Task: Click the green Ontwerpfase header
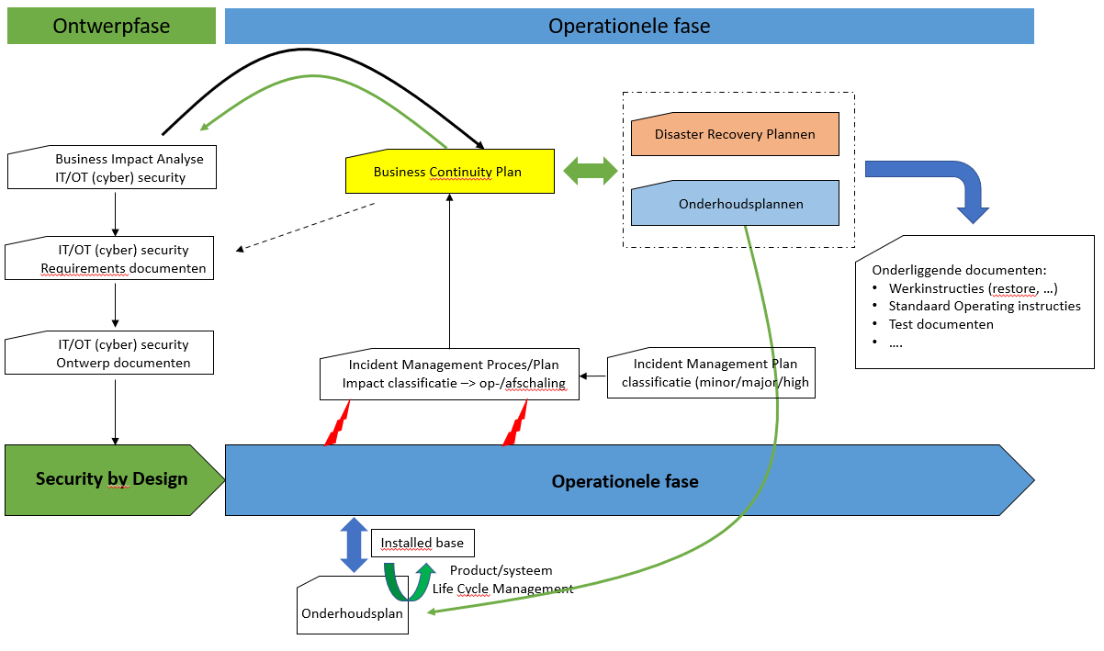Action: coord(111,26)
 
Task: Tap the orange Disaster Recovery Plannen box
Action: coord(735,134)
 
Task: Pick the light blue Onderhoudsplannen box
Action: coord(735,204)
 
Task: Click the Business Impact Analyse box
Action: coord(111,168)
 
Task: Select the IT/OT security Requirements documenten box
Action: coord(109,259)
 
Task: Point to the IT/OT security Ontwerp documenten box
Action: coord(109,354)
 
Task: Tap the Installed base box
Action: coord(422,543)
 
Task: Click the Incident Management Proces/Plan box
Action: coord(450,374)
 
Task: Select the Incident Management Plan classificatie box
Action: coord(710,374)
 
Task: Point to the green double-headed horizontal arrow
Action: coord(591,170)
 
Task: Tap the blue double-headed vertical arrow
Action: coord(354,545)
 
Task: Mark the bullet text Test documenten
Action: coord(941,324)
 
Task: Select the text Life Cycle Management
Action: coord(502,589)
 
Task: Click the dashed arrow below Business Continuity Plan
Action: coord(306,226)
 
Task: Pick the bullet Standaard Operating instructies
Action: coord(984,306)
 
